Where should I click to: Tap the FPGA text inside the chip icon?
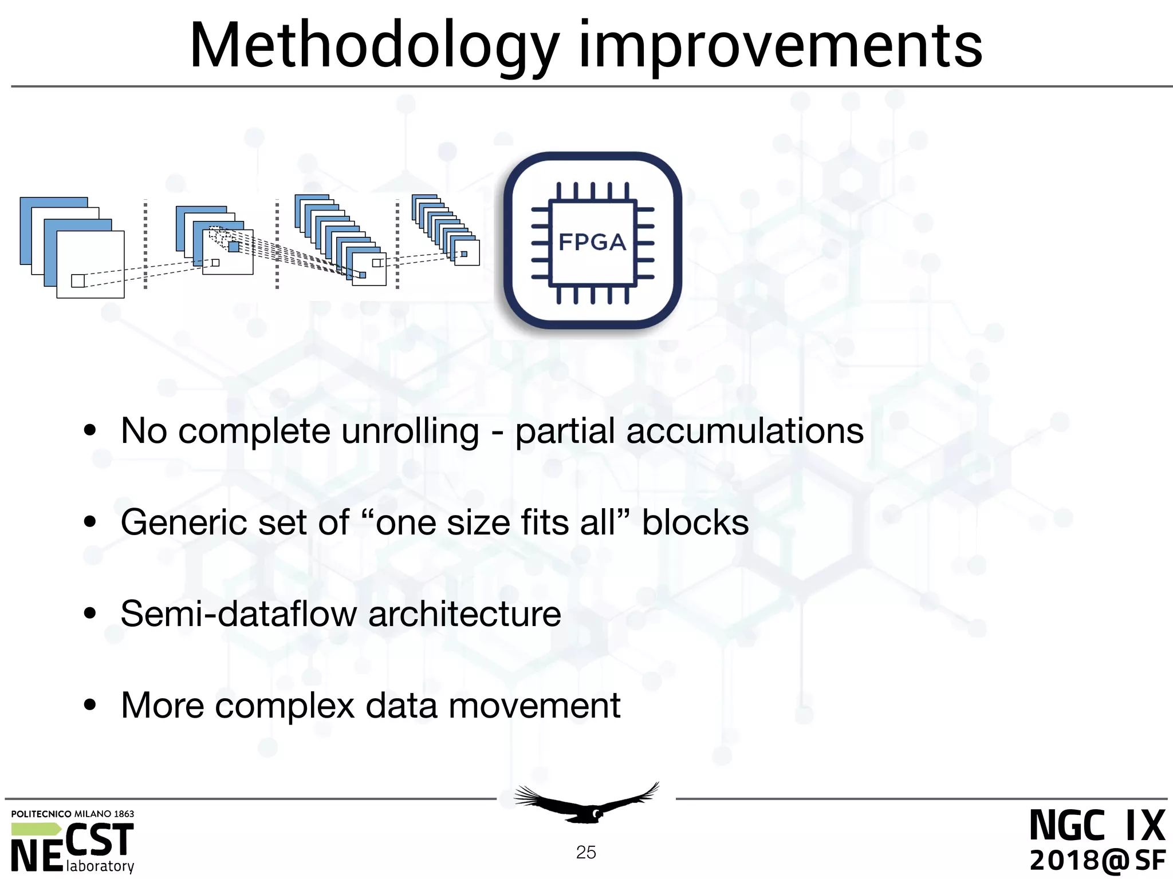[x=592, y=242]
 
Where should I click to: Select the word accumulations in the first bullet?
[x=745, y=431]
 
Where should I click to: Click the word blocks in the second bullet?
[x=695, y=522]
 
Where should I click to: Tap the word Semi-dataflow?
[x=238, y=614]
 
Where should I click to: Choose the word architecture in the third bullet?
[x=465, y=614]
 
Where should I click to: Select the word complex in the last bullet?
[x=285, y=706]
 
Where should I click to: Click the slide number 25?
[x=586, y=853]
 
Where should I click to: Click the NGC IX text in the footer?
[x=1097, y=826]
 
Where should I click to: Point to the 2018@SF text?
[x=1097, y=860]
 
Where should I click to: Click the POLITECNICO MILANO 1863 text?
[x=72, y=814]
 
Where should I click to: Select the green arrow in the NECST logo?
[x=36, y=829]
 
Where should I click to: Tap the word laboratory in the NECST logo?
[x=100, y=866]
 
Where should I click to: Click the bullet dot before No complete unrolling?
[x=90, y=431]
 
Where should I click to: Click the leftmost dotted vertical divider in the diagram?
[x=145, y=244]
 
